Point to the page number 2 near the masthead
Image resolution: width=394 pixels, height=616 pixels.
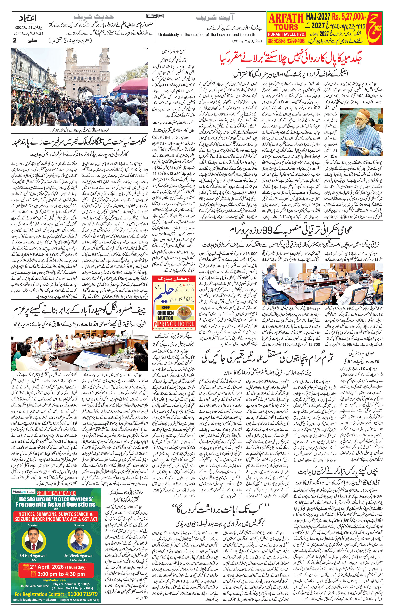click(x=15, y=40)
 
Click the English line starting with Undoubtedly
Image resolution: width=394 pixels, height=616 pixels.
click(x=207, y=35)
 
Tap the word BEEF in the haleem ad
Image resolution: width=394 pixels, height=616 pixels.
click(x=165, y=308)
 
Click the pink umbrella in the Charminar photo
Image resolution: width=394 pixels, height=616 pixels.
click(x=131, y=87)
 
